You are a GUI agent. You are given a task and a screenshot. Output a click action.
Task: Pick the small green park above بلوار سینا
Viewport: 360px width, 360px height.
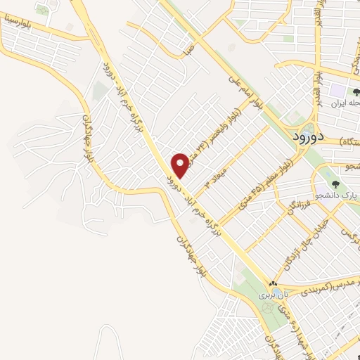click(44, 11)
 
